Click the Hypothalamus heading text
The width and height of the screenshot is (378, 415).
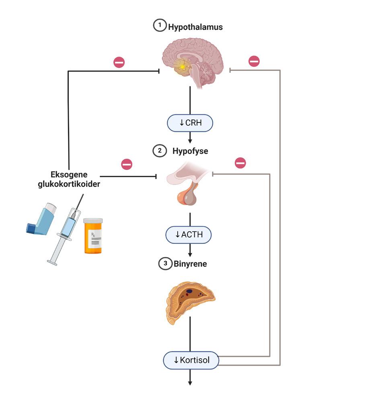point(195,27)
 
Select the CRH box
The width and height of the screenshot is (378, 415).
point(190,123)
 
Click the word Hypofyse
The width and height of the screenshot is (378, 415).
point(190,151)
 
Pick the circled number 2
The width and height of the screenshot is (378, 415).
point(160,151)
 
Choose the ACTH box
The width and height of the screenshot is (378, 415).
point(189,235)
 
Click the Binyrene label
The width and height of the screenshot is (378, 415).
point(190,264)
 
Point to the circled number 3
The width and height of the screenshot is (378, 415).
point(165,264)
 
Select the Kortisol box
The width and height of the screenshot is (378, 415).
point(191,360)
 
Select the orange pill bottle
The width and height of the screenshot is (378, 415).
point(93,236)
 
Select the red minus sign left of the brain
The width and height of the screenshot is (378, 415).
point(119,62)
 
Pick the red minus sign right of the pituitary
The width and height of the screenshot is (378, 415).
point(240,163)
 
